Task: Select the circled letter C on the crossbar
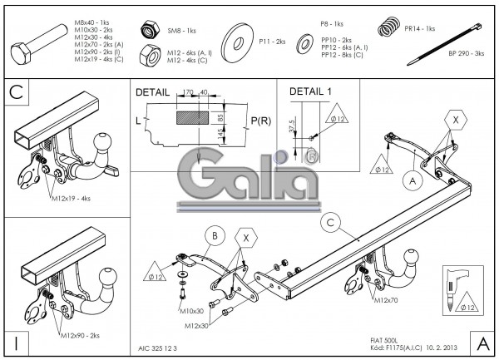coord(330,222)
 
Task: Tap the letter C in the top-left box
coord(16,91)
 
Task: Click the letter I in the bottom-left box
coord(16,342)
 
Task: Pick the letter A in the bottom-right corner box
coord(482,342)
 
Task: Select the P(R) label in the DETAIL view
coord(260,121)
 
